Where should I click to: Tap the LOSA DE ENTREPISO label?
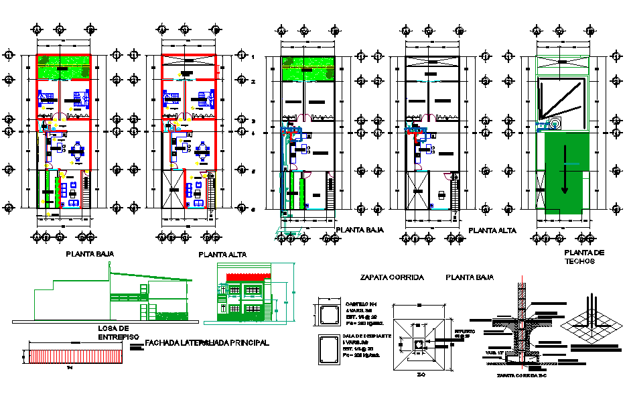click(113, 332)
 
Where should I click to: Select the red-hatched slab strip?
click(74, 356)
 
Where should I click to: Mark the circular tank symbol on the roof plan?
click(556, 124)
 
